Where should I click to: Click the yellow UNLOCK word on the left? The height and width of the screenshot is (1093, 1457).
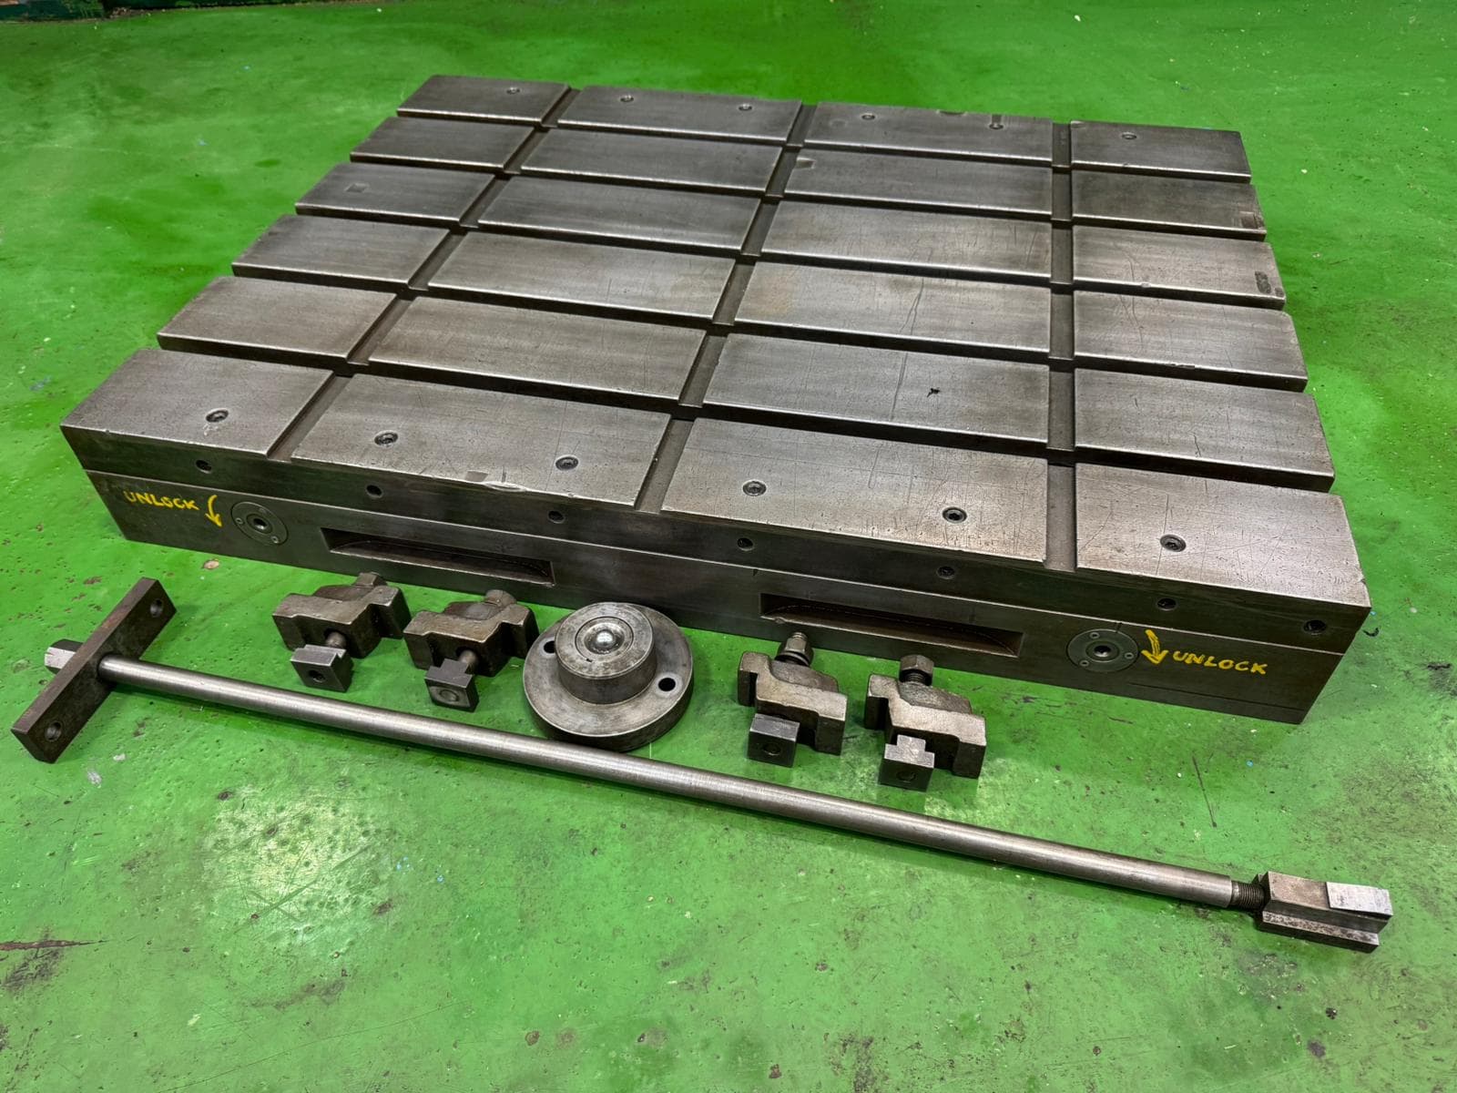pyautogui.click(x=161, y=500)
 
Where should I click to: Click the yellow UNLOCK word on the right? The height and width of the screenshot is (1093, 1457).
pyautogui.click(x=1218, y=662)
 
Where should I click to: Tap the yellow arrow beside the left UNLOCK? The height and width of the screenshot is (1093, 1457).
pyautogui.click(x=213, y=510)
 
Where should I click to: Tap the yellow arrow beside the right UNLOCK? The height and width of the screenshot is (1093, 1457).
pyautogui.click(x=1154, y=647)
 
